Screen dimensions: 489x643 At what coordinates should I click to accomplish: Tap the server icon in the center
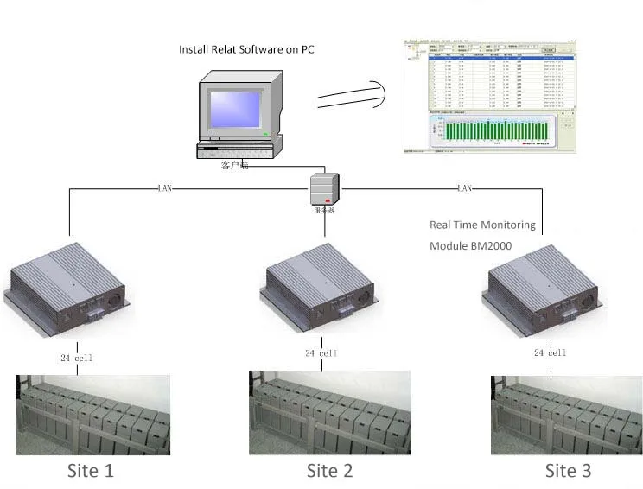coord(325,187)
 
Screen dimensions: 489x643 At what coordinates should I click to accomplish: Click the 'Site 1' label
coord(90,471)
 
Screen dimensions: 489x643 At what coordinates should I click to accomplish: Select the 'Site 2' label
coord(329,471)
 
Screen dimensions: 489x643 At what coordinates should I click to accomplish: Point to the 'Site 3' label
coord(568,471)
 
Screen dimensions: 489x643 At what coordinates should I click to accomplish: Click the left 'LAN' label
coord(165,187)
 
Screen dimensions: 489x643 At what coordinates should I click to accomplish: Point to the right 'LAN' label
coord(463,187)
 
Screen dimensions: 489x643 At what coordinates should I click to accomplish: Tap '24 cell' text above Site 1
coord(77,357)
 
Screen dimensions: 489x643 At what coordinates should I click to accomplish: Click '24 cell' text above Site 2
coord(321,352)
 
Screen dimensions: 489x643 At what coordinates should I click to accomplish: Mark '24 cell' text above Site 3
coord(550,352)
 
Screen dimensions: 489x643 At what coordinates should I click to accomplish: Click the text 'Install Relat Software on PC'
coord(246,49)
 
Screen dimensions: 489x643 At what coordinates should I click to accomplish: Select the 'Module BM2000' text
coord(472,246)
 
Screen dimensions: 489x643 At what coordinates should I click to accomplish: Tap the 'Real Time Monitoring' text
coord(482,225)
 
